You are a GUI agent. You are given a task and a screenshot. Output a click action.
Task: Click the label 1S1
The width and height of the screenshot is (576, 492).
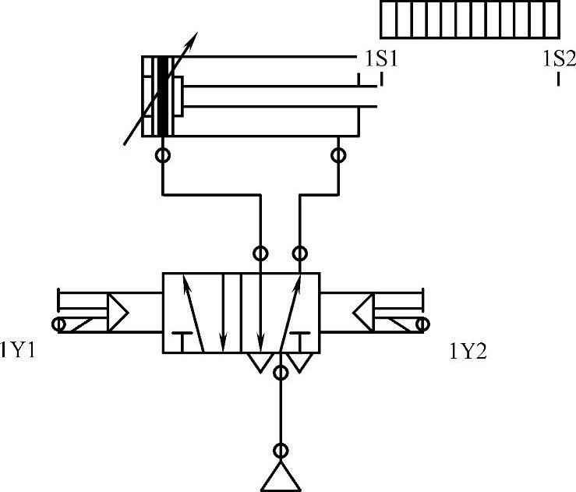(x=382, y=59)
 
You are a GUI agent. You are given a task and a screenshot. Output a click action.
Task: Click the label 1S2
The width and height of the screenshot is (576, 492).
(x=558, y=59)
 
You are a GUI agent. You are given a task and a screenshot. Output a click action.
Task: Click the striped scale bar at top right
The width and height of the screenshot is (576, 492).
(x=470, y=19)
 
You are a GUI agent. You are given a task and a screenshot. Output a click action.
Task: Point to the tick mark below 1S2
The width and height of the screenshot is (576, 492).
(x=559, y=78)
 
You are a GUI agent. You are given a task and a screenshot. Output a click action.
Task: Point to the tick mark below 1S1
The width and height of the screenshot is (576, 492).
(x=381, y=78)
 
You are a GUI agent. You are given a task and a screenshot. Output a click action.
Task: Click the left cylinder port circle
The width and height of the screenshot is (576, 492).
(x=163, y=155)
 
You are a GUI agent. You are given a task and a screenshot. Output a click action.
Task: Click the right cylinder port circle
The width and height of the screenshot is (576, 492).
(x=338, y=155)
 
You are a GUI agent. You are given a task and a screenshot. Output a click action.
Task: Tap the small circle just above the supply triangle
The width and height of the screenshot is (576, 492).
(x=281, y=451)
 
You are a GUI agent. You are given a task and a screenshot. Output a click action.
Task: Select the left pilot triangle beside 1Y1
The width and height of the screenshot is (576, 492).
(x=118, y=312)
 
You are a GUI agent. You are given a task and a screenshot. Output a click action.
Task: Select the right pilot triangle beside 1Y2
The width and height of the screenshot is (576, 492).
(x=362, y=312)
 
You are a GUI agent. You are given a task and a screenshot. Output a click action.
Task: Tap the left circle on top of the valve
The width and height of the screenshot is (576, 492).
(x=260, y=253)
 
